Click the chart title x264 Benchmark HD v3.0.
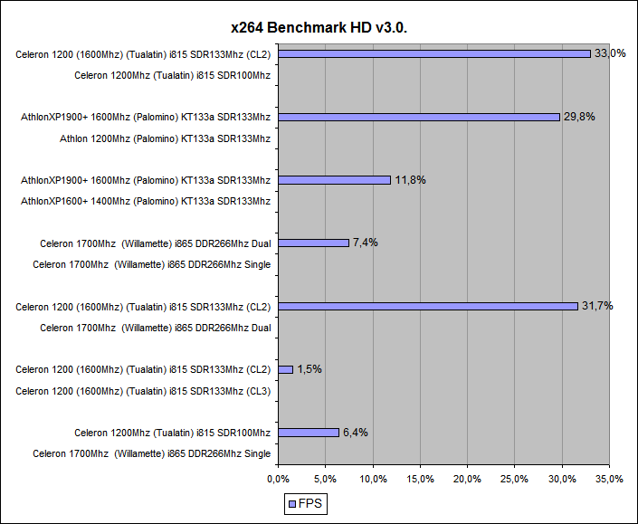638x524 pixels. (319, 27)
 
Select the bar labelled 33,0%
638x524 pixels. (433, 53)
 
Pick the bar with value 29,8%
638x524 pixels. (419, 117)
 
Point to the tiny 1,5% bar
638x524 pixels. (285, 369)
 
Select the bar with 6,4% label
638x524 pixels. (308, 433)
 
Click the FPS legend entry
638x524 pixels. (306, 503)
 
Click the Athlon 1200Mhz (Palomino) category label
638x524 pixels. (165, 138)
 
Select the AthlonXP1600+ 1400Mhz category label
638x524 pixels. (146, 201)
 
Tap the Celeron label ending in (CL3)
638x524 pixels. (143, 391)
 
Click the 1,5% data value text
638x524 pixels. (309, 369)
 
